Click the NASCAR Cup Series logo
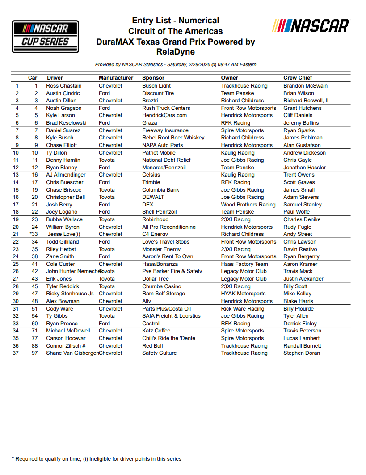(x=45, y=36)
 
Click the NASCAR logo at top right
(x=311, y=25)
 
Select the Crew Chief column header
(x=298, y=78)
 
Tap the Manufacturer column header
(x=116, y=78)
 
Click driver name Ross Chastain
(x=64, y=86)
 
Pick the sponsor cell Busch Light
(x=156, y=86)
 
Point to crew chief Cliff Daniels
(x=298, y=115)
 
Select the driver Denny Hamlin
(x=63, y=160)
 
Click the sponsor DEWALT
(x=153, y=197)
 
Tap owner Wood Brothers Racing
(x=248, y=205)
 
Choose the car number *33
(x=33, y=234)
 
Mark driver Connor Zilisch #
(x=66, y=346)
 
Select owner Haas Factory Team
(x=244, y=264)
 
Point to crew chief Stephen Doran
(x=302, y=353)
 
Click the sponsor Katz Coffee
(x=156, y=331)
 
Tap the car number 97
(x=36, y=353)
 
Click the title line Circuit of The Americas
(x=175, y=31)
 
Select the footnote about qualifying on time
(x=97, y=458)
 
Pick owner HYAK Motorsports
(x=243, y=294)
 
